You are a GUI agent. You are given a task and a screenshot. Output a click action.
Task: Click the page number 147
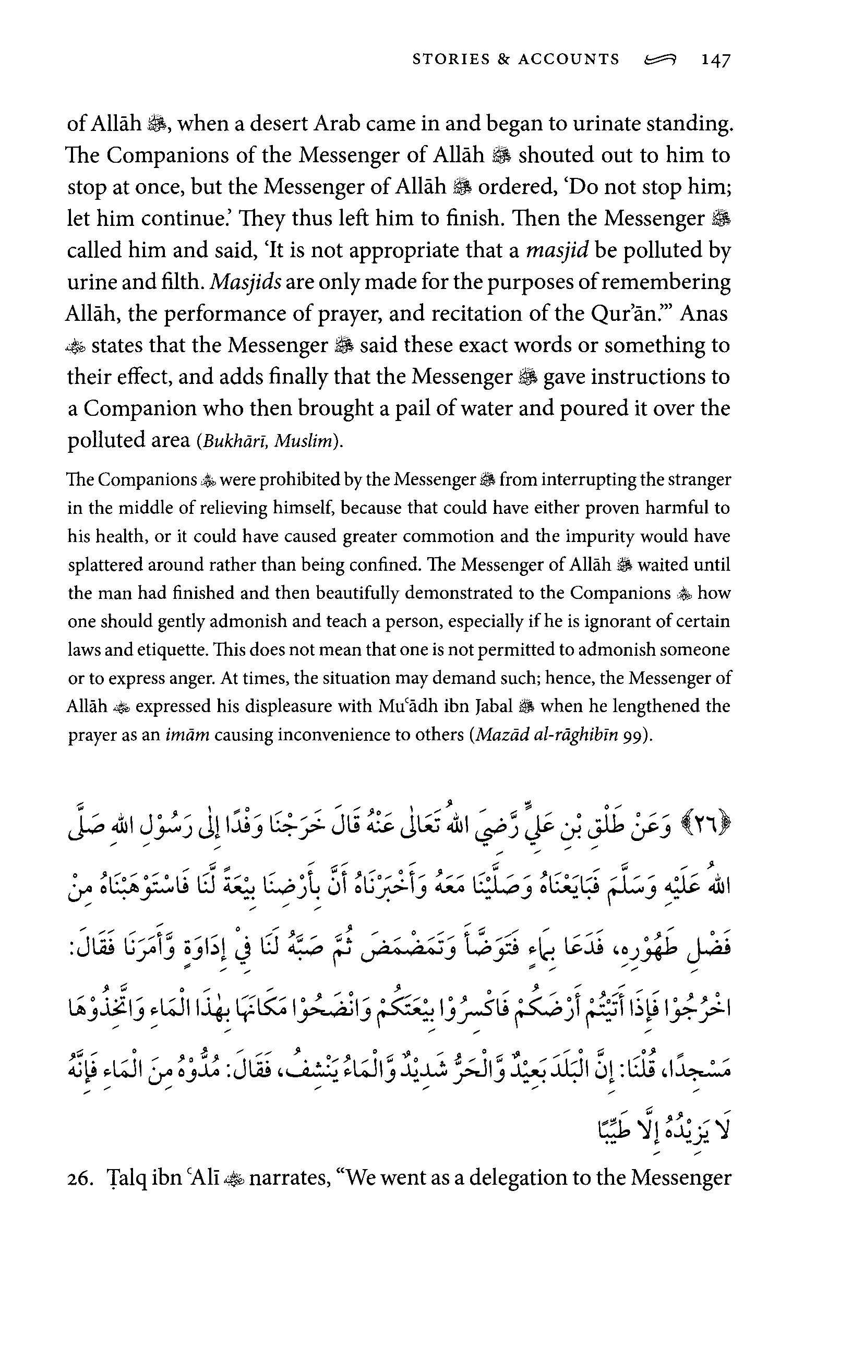coord(716,60)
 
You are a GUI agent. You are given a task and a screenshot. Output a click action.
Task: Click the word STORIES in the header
coord(451,59)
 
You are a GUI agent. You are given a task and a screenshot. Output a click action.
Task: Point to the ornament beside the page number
coord(659,59)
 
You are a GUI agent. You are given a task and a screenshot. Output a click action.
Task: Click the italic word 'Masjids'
coord(246,282)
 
